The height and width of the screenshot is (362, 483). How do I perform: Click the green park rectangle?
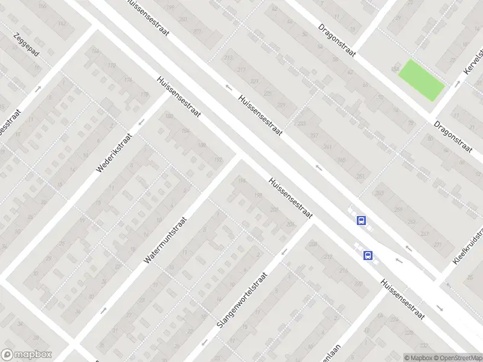pyautogui.click(x=421, y=80)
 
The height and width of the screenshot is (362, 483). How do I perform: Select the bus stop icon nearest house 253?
pyautogui.click(x=362, y=221)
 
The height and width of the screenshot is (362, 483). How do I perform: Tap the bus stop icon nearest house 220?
pyautogui.click(x=368, y=256)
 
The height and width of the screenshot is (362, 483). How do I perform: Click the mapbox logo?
pyautogui.click(x=27, y=355)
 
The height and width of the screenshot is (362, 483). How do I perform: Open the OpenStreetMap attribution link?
pyautogui.click(x=458, y=358)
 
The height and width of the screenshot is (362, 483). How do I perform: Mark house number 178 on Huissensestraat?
pyautogui.click(x=144, y=95)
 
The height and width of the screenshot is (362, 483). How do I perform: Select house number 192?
pyautogui.click(x=219, y=160)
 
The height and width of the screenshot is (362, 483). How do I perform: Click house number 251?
pyautogui.click(x=360, y=176)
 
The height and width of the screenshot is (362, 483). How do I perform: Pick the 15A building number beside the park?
pyautogui.click(x=396, y=65)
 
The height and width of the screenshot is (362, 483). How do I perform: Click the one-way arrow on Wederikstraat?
pyautogui.click(x=142, y=122)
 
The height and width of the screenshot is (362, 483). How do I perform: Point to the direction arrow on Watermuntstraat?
pyautogui.click(x=103, y=310)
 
